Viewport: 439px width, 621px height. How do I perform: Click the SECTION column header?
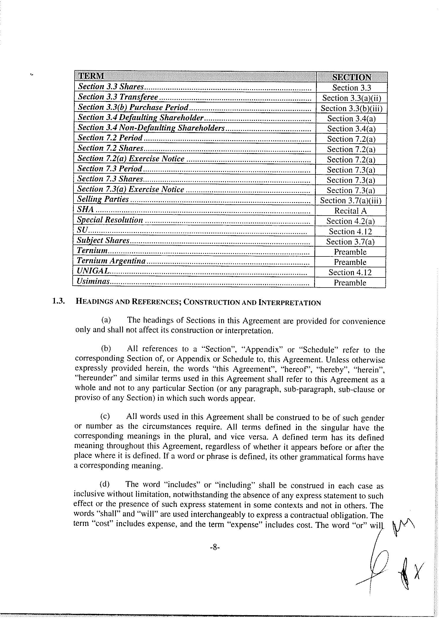click(352, 77)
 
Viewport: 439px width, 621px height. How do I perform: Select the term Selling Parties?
click(103, 199)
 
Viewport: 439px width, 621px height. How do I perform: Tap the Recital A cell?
click(350, 211)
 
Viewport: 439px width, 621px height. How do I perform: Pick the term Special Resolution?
click(110, 220)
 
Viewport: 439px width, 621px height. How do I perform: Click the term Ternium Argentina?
click(111, 261)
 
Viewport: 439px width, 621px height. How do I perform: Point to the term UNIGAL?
click(93, 271)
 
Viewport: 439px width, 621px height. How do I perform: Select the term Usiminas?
click(93, 281)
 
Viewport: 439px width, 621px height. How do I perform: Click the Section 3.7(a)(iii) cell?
click(351, 201)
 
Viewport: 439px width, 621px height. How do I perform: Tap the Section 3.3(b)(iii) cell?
click(352, 108)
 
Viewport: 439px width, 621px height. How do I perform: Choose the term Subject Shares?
click(103, 240)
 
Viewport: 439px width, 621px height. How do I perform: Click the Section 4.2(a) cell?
click(350, 221)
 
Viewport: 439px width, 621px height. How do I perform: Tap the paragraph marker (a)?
click(106, 320)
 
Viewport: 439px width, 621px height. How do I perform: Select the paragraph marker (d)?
click(105, 484)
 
